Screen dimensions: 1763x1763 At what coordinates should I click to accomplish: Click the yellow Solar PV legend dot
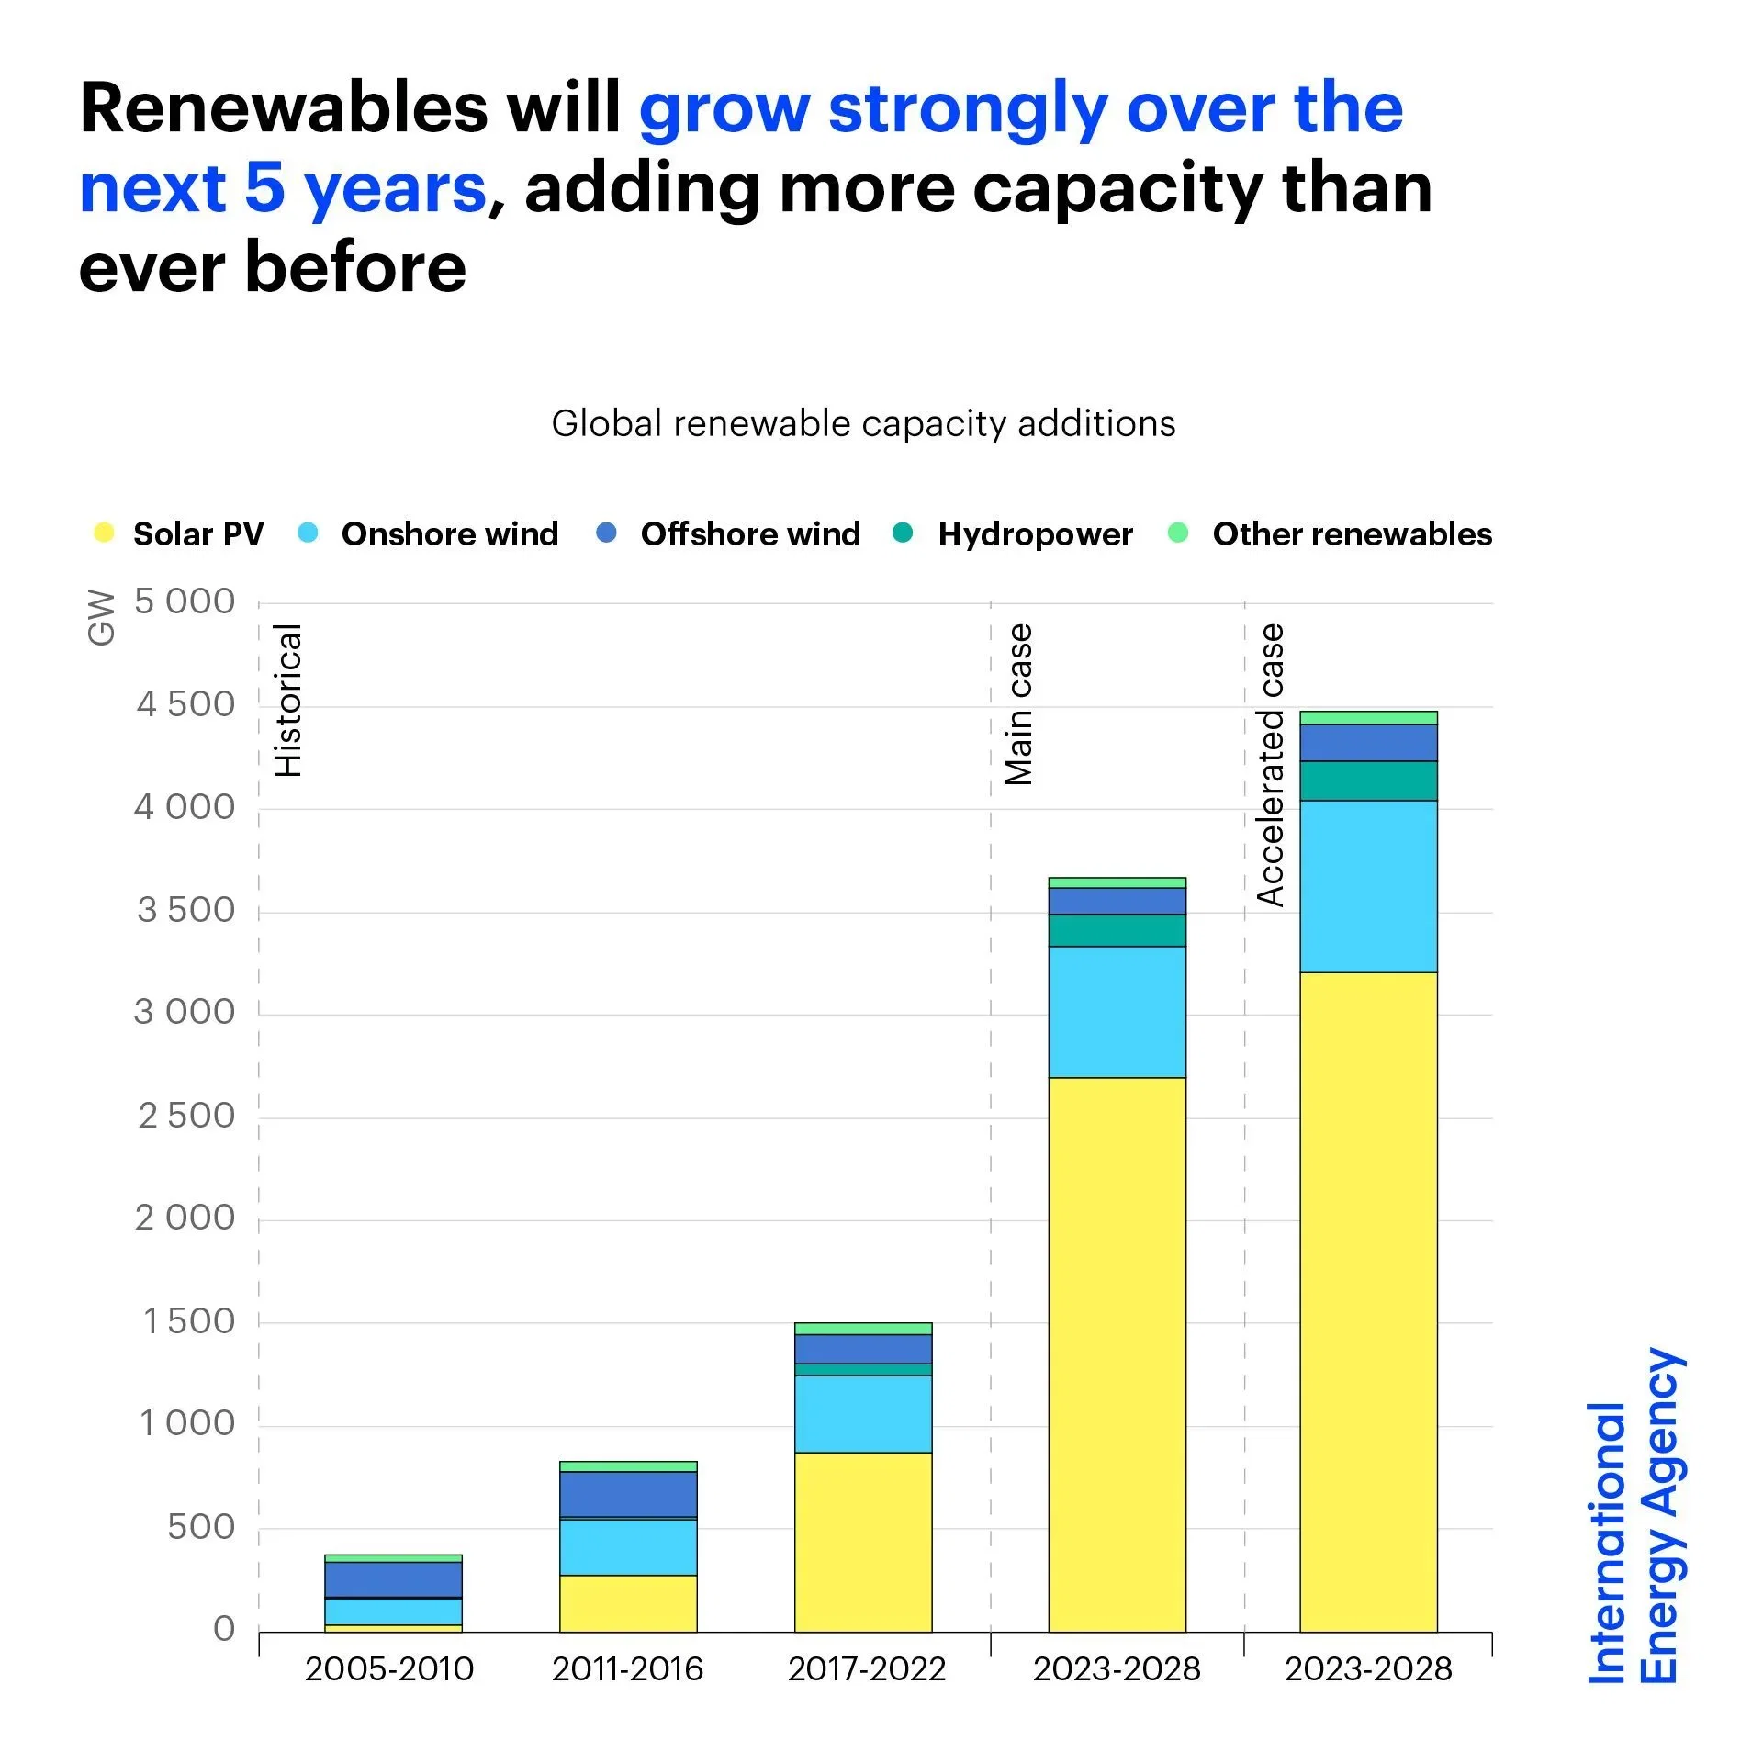(x=104, y=533)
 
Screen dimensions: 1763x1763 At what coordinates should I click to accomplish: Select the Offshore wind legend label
(x=750, y=533)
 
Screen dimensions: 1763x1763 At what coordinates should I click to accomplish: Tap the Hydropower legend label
(x=1035, y=533)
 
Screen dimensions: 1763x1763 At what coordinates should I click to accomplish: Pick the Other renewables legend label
(x=1352, y=533)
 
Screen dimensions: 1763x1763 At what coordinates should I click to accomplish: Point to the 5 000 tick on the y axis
(x=185, y=601)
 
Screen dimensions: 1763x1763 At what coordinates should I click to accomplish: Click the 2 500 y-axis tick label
(x=186, y=1116)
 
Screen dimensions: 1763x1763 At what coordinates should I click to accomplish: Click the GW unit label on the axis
(x=101, y=617)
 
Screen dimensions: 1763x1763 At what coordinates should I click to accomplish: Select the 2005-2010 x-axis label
(x=389, y=1668)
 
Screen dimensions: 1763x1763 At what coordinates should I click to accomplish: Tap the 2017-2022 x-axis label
(x=867, y=1668)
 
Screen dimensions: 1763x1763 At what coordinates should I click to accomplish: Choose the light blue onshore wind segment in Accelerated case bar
(x=1368, y=886)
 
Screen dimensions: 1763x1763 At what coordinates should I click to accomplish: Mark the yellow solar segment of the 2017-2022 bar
(x=863, y=1543)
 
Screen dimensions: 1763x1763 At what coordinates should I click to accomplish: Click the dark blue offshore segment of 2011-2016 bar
(x=628, y=1494)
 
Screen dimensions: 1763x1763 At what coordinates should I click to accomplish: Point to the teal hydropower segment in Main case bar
(x=1117, y=930)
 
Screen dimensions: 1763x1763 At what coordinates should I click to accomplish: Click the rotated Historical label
(x=288, y=700)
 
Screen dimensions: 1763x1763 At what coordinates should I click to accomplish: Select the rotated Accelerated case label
(x=1271, y=765)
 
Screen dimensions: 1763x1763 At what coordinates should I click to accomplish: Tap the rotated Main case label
(x=1019, y=704)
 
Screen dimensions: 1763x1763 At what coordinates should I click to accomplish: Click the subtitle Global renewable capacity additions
(x=863, y=423)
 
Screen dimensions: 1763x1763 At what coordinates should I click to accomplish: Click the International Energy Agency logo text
(x=1634, y=1515)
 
